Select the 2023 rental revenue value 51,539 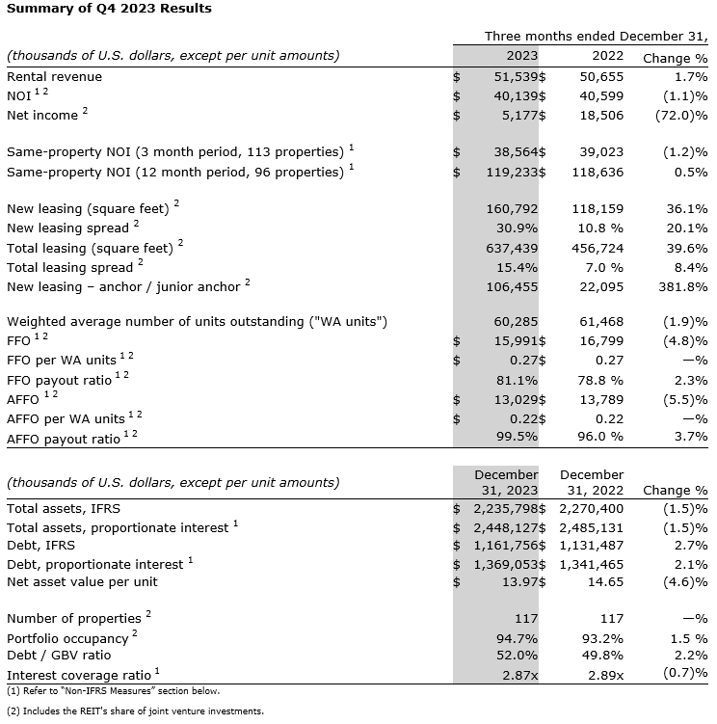pos(515,76)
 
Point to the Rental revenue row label pos(54,76)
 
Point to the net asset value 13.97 pos(518,581)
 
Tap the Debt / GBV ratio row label pos(55,657)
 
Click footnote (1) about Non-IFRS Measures pos(113,691)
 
